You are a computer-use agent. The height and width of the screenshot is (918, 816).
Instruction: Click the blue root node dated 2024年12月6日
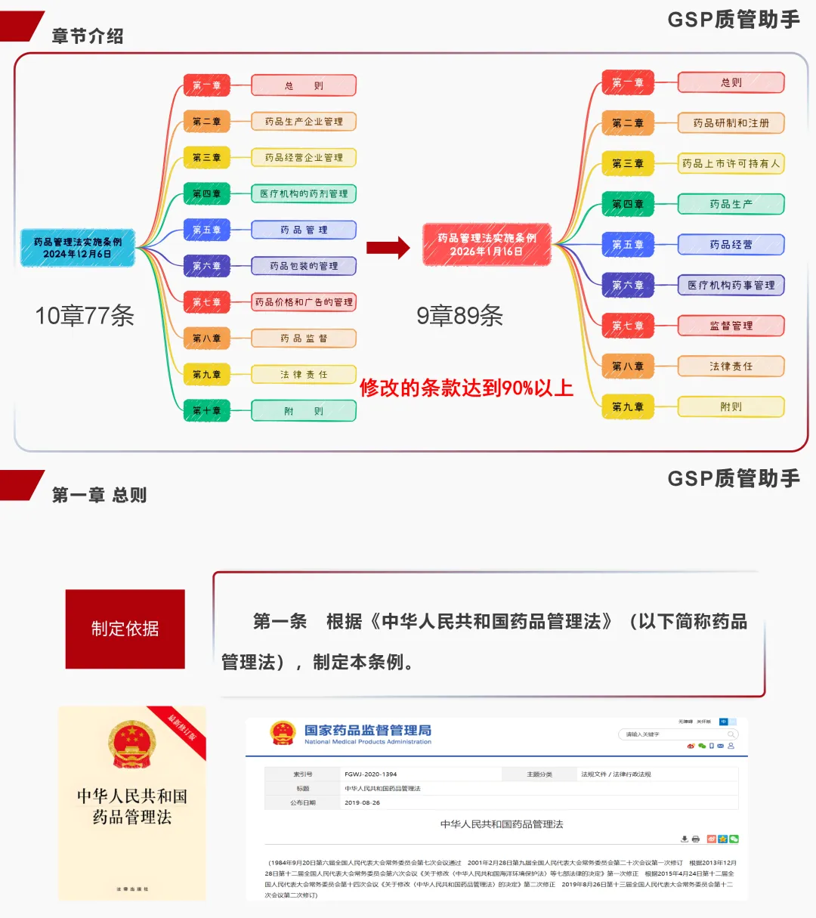(x=77, y=248)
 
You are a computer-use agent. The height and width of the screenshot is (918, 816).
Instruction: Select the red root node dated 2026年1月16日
(x=487, y=244)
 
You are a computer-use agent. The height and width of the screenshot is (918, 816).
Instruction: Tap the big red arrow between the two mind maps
(x=388, y=247)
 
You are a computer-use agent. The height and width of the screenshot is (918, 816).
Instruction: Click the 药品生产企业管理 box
(x=303, y=122)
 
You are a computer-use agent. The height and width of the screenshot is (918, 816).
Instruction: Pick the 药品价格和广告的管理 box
(x=303, y=302)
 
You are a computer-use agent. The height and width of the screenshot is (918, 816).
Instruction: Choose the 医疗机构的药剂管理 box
(x=303, y=194)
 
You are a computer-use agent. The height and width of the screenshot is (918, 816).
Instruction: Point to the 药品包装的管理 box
(x=303, y=266)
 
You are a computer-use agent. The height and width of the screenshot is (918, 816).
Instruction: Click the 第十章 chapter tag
(x=206, y=411)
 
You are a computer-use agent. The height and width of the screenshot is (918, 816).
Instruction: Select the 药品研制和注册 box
(x=731, y=123)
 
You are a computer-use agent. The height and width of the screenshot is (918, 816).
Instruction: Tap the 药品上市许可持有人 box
(x=731, y=163)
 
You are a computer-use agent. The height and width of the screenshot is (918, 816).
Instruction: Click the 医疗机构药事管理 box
(x=731, y=286)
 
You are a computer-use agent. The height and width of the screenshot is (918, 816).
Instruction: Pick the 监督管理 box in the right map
(x=731, y=326)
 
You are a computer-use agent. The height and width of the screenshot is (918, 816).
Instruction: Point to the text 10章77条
(x=85, y=316)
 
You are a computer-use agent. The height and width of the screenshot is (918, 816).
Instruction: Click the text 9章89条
(x=459, y=316)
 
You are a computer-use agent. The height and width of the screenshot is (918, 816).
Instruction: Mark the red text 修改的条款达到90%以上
(x=466, y=388)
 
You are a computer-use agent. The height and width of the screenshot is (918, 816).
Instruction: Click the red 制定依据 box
(x=125, y=629)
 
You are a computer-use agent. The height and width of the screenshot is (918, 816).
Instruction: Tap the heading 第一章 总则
(x=99, y=495)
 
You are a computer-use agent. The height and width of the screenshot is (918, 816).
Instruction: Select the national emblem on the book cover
(x=131, y=743)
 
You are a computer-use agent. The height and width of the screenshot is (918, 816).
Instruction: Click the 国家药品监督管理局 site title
(x=367, y=731)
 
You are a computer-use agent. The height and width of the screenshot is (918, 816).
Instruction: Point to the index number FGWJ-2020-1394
(x=370, y=774)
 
